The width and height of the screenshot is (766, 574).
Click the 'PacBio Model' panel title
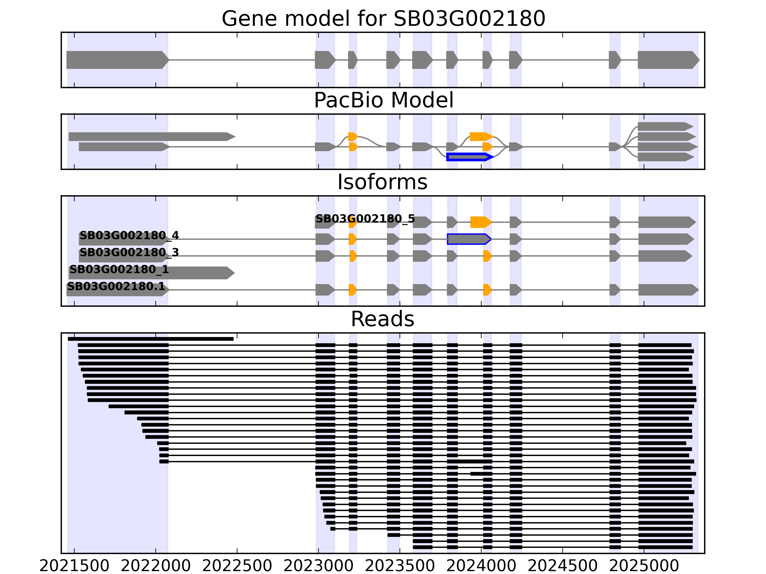[383, 100]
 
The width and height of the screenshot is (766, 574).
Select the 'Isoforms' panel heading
[382, 182]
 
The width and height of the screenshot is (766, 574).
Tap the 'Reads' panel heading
[382, 319]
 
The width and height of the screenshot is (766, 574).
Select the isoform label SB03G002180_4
[129, 235]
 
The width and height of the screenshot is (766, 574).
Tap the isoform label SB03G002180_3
[129, 252]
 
